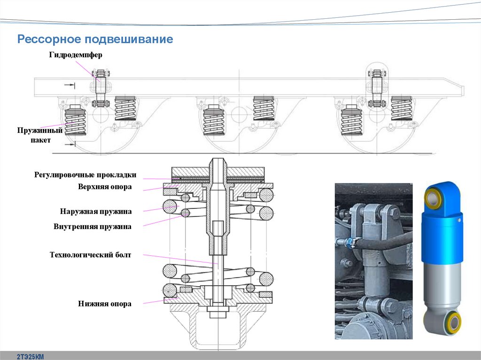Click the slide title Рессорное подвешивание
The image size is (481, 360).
[95, 39]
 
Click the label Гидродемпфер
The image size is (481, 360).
[75, 55]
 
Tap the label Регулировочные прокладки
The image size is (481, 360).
[85, 175]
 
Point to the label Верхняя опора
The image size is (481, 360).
[105, 187]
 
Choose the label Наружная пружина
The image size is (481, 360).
[96, 211]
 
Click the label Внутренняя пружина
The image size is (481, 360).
[93, 227]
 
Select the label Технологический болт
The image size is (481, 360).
[91, 255]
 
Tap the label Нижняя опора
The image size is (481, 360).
[105, 304]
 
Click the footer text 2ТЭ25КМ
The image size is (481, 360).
[31, 356]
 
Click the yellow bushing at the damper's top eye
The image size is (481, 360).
[432, 199]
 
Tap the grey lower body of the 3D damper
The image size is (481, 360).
[442, 286]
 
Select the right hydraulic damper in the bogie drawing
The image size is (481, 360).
[377, 87]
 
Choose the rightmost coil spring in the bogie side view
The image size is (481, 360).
[401, 108]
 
